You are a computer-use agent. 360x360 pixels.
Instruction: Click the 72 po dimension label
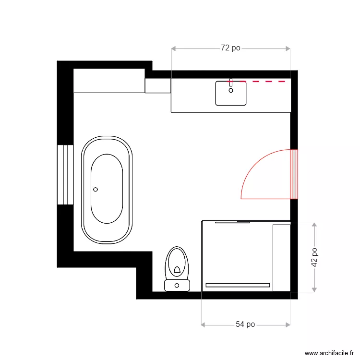click(230, 48)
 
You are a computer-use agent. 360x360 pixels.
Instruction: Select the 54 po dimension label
click(245, 325)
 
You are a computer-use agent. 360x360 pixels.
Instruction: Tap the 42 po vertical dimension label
click(314, 257)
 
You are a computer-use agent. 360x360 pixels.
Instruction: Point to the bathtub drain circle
click(96, 190)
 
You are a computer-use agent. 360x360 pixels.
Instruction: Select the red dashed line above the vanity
click(259, 82)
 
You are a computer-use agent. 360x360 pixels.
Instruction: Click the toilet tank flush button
click(177, 286)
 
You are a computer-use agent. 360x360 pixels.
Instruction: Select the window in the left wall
click(65, 174)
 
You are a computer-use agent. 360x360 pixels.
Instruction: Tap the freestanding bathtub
click(107, 189)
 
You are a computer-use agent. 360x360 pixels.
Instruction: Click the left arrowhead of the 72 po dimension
click(174, 48)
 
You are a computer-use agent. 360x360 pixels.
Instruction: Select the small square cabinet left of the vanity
click(158, 85)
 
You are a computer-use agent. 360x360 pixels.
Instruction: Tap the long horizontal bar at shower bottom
click(238, 285)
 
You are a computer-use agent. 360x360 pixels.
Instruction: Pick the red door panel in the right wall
click(294, 174)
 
